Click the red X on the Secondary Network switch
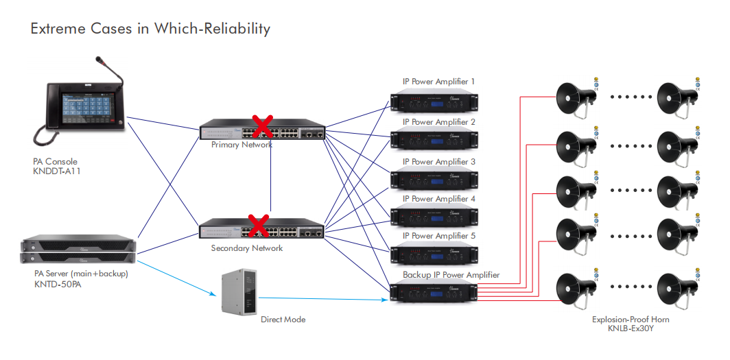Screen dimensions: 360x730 [x=258, y=224]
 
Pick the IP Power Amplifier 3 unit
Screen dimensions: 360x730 [x=434, y=180]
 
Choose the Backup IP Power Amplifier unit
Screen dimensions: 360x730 [x=434, y=292]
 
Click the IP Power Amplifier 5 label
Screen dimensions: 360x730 [x=438, y=236]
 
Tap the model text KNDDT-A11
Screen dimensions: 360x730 [x=58, y=171]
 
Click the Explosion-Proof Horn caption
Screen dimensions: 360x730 [x=631, y=320]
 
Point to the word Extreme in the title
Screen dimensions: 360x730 [x=58, y=29]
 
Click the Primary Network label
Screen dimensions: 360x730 [x=242, y=145]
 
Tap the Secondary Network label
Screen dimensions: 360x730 [x=246, y=248]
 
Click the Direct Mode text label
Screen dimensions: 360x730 [x=283, y=320]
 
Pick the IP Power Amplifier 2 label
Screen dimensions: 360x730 [x=438, y=122]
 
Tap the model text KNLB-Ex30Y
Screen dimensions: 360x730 [x=631, y=328]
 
